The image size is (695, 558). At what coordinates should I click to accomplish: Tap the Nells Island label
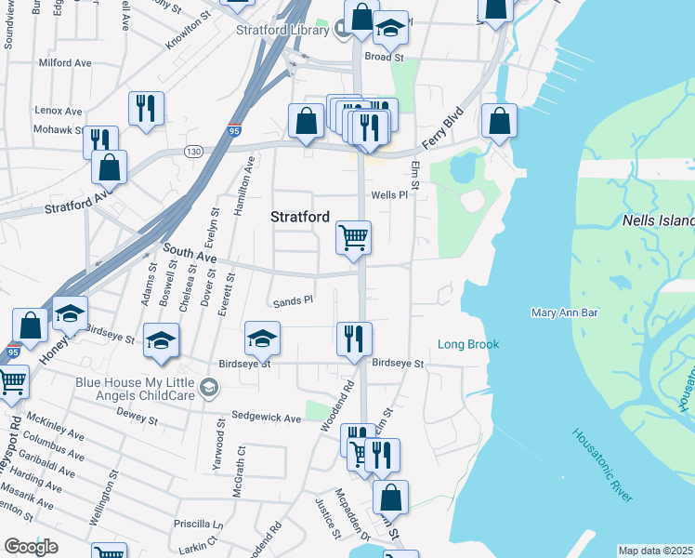pyautogui.click(x=658, y=221)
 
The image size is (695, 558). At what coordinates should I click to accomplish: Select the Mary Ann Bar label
pyautogui.click(x=562, y=312)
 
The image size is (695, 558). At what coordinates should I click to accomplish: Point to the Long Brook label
pyautogui.click(x=468, y=344)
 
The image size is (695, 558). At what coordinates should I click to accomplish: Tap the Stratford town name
pyautogui.click(x=300, y=217)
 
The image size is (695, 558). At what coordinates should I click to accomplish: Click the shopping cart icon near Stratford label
pyautogui.click(x=353, y=237)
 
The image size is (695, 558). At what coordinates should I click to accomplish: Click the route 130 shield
pyautogui.click(x=193, y=152)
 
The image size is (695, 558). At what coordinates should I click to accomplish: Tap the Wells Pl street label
pyautogui.click(x=389, y=195)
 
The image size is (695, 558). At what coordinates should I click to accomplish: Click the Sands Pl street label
pyautogui.click(x=293, y=301)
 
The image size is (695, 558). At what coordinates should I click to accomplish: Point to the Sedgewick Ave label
pyautogui.click(x=267, y=418)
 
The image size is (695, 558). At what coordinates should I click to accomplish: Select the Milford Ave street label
pyautogui.click(x=65, y=62)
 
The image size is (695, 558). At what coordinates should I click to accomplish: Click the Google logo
pyautogui.click(x=32, y=547)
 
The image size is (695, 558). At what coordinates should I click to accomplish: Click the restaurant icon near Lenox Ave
pyautogui.click(x=146, y=109)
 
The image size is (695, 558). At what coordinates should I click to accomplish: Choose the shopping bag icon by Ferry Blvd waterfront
pyautogui.click(x=500, y=121)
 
